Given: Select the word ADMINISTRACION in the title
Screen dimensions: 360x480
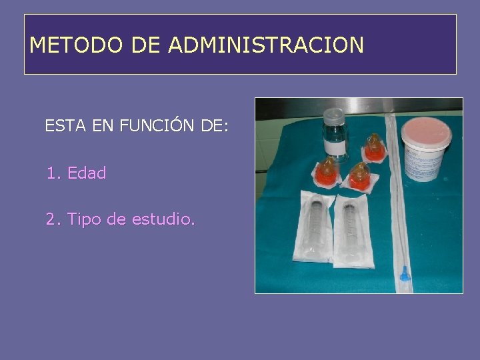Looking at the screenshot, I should click(266, 45).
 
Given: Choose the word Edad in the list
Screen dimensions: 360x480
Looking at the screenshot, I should click(87, 173).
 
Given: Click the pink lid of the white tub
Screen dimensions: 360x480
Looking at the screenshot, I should click(426, 128).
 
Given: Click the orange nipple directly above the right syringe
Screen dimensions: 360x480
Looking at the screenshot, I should click(359, 175).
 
